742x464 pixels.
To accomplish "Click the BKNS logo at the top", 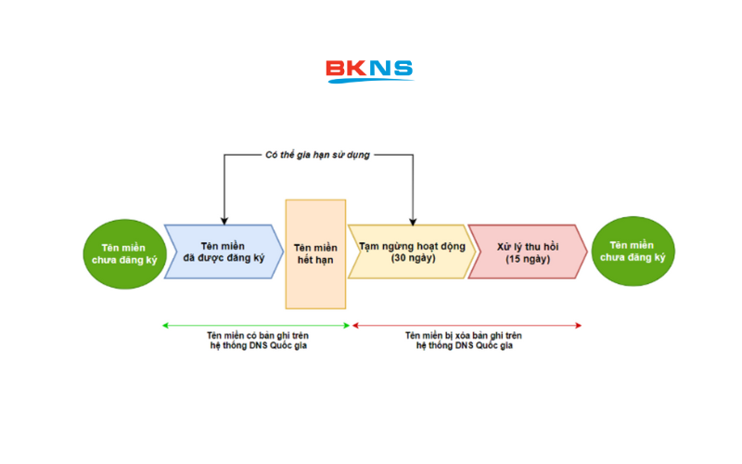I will pyautogui.click(x=369, y=71).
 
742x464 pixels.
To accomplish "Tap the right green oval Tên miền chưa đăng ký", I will pyautogui.click(x=633, y=251).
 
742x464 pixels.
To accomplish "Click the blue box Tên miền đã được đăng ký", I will pyautogui.click(x=223, y=251).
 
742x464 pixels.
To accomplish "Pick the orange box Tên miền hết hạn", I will pyautogui.click(x=315, y=253).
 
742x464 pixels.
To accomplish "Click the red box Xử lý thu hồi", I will pyautogui.click(x=525, y=251).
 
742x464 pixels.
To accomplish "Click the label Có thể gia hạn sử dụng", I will pyautogui.click(x=317, y=155).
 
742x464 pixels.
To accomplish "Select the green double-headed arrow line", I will pyautogui.click(x=257, y=325).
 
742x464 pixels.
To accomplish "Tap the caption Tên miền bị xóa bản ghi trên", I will pyautogui.click(x=465, y=335).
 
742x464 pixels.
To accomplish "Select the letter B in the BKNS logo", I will pyautogui.click(x=336, y=69).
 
